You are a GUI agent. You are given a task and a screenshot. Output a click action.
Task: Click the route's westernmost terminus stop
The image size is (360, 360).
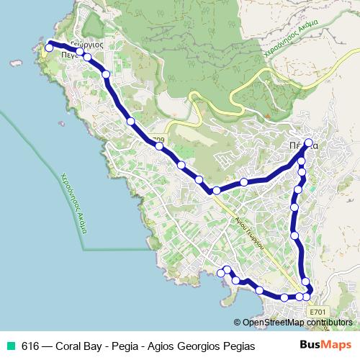(49, 47)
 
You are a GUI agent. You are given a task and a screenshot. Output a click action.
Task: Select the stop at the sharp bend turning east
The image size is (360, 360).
(216, 190)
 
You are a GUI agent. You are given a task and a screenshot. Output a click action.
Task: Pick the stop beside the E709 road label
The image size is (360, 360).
(159, 146)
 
